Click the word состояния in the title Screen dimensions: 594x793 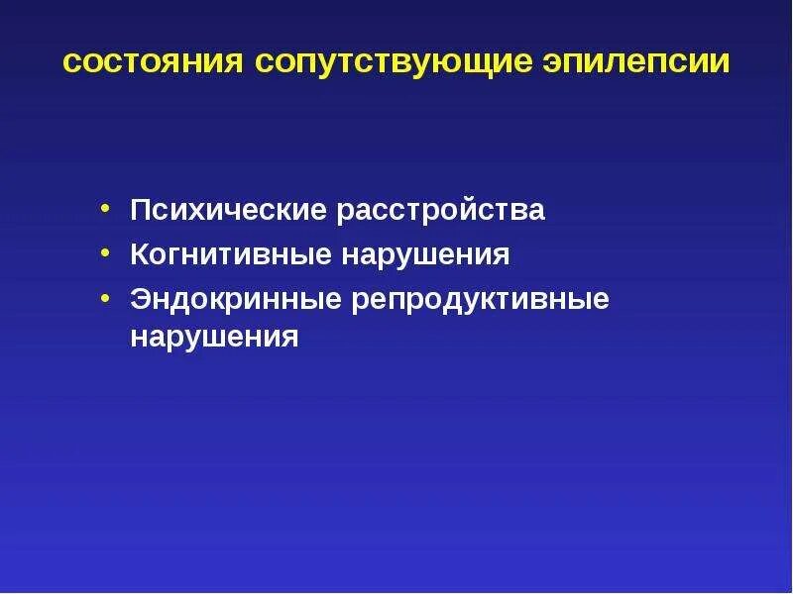click(154, 62)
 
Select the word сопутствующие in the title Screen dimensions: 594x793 click(394, 62)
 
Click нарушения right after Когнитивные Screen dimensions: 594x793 click(425, 255)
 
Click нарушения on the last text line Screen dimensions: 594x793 click(214, 337)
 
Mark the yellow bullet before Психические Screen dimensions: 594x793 click(105, 211)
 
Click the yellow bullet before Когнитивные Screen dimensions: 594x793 click(105, 255)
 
